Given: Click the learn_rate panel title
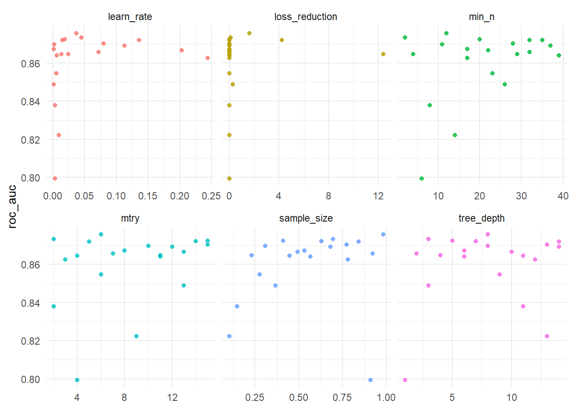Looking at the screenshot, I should pyautogui.click(x=130, y=17).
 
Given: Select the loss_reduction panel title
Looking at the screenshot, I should pyautogui.click(x=306, y=17).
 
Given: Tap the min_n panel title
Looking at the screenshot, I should pyautogui.click(x=481, y=17).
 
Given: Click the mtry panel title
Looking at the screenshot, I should pyautogui.click(x=130, y=218).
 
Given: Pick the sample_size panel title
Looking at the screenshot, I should pyautogui.click(x=306, y=218).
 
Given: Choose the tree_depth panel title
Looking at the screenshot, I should pyautogui.click(x=481, y=218).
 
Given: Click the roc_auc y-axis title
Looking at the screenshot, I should pyautogui.click(x=12, y=207).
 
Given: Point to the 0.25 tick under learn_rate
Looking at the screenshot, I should pyautogui.click(x=211, y=196).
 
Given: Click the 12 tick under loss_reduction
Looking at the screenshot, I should pyautogui.click(x=378, y=196).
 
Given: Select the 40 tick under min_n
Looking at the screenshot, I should pyautogui.click(x=563, y=196).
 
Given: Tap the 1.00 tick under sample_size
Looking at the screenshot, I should pyautogui.click(x=386, y=397).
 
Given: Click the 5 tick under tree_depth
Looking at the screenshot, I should pyautogui.click(x=452, y=397).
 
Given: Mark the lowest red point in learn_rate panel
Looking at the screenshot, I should pyautogui.click(x=55, y=179).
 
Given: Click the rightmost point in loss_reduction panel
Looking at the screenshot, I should pyautogui.click(x=383, y=54).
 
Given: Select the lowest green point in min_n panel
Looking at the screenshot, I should pyautogui.click(x=422, y=179).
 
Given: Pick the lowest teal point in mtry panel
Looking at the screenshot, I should pyautogui.click(x=77, y=380).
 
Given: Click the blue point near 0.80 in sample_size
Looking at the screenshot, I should pyautogui.click(x=370, y=380).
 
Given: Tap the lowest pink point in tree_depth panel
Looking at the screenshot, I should pyautogui.click(x=405, y=380).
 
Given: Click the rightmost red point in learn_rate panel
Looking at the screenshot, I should pyautogui.click(x=208, y=58).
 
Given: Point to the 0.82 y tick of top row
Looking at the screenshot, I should pyautogui.click(x=30, y=140).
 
